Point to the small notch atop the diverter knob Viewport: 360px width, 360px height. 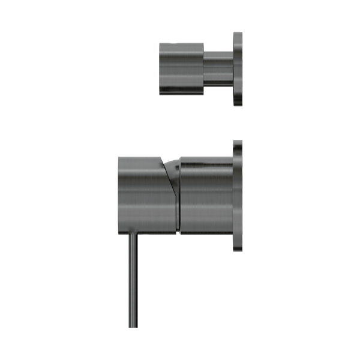point(173,43)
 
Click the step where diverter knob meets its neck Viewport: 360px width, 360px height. point(204,68)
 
